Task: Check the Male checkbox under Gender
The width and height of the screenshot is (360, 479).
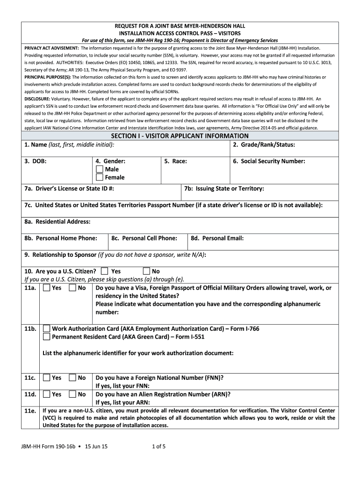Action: click(100, 169)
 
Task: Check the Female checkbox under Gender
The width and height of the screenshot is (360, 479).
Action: click(100, 177)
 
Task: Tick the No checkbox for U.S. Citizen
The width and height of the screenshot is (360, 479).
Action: click(146, 271)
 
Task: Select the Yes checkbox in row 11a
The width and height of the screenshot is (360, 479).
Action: click(46, 288)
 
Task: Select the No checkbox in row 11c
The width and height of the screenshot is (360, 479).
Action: click(72, 377)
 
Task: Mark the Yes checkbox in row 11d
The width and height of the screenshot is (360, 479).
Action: click(46, 394)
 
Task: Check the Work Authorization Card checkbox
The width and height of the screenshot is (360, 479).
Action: click(46, 328)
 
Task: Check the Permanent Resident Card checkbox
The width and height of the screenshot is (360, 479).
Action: click(46, 336)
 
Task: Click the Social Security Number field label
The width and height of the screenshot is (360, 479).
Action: click(269, 161)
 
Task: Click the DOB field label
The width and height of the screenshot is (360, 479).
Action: click(35, 161)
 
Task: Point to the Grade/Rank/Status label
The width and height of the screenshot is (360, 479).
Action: click(264, 145)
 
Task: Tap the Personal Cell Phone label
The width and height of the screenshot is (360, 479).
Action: click(144, 238)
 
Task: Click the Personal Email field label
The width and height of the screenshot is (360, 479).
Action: click(217, 238)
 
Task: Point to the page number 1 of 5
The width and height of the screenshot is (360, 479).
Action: click(159, 446)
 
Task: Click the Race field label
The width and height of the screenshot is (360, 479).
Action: click(176, 161)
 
